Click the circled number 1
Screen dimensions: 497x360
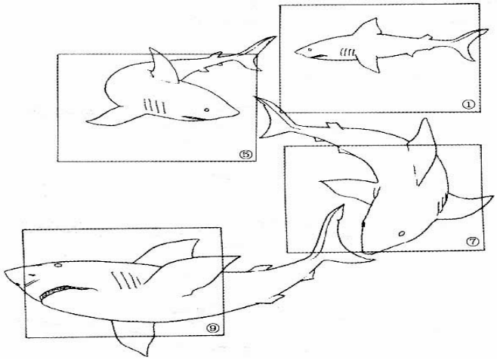coord(468,104)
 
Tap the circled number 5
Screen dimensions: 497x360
coord(245,154)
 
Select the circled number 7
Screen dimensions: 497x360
coord(472,242)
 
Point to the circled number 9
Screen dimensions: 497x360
coord(212,328)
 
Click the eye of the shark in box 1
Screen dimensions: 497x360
coord(310,49)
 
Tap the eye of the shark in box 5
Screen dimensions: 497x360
coord(207,110)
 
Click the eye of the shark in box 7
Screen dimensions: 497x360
coord(402,234)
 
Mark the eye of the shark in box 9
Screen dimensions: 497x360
coord(58,265)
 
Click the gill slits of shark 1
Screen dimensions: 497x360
coord(347,52)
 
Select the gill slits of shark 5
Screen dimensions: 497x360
coord(154,106)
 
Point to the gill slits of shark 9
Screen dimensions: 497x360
coord(126,279)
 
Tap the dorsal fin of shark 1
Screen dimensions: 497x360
coord(368,26)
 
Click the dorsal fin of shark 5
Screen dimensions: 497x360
coord(162,66)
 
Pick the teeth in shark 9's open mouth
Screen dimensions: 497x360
coord(55,291)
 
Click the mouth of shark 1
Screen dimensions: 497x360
coord(319,57)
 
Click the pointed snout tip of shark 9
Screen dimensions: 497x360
coord(5,272)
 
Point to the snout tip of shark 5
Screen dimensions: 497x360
coord(238,112)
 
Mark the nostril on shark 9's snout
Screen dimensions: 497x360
coord(32,274)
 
